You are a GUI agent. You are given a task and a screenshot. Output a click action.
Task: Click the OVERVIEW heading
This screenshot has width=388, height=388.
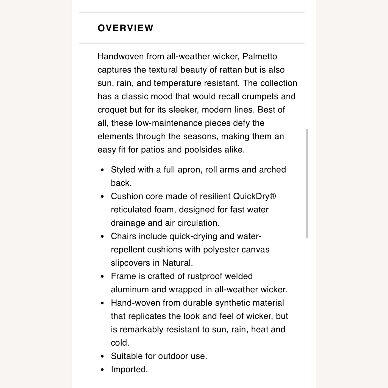pyautogui.click(x=125, y=28)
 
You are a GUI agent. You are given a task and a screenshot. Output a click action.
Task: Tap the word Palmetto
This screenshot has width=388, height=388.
pyautogui.click(x=260, y=56)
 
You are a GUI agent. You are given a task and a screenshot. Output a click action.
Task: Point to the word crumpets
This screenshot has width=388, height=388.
pyautogui.click(x=260, y=96)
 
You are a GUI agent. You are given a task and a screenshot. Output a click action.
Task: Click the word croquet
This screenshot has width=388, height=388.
pyautogui.click(x=112, y=110)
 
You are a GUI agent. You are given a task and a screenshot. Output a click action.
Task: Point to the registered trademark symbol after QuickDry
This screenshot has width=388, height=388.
pyautogui.click(x=273, y=196)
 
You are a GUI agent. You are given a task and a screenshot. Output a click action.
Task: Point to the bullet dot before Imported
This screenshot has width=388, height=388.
pyautogui.click(x=103, y=370)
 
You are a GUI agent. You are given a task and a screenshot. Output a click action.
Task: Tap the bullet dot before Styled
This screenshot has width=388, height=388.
pyautogui.click(x=103, y=170)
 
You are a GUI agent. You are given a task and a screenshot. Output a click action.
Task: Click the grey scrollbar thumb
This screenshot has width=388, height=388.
pyautogui.click(x=307, y=183)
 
